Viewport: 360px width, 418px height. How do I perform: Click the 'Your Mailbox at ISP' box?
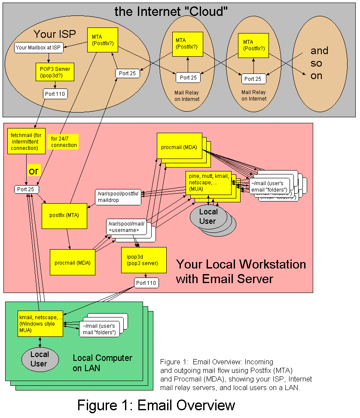click(x=39, y=47)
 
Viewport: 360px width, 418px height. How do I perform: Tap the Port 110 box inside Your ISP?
click(x=55, y=93)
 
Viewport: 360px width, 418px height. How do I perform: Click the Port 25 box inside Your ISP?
click(x=127, y=73)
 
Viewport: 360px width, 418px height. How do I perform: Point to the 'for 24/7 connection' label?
click(x=64, y=142)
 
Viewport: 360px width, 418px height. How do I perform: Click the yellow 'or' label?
click(x=34, y=171)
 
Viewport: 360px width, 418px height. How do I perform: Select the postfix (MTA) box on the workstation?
click(x=64, y=215)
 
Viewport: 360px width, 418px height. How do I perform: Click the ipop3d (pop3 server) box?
click(x=143, y=259)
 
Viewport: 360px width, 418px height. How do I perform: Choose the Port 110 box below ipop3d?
click(x=146, y=283)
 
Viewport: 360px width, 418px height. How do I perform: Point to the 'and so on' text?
click(x=319, y=62)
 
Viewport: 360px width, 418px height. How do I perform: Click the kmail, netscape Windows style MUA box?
click(x=40, y=323)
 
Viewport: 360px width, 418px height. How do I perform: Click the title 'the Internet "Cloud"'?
click(x=171, y=12)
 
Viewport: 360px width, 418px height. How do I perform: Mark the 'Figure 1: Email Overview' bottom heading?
click(x=156, y=405)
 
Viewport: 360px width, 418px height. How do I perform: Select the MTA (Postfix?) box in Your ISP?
click(x=100, y=40)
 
